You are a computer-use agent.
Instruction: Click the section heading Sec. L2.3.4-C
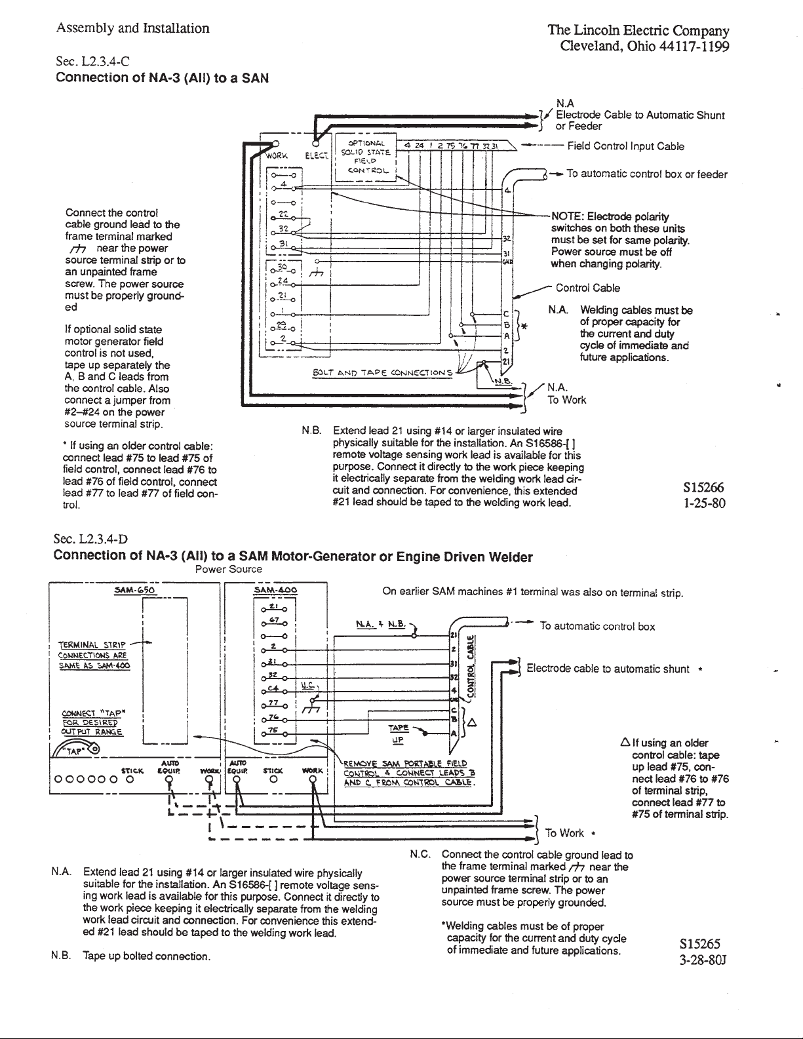[x=92, y=62]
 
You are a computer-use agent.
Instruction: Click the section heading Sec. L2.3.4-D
[x=92, y=539]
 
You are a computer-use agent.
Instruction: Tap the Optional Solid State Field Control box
[x=366, y=157]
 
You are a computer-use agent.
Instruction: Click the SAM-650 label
[x=133, y=589]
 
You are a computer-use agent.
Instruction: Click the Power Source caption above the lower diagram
[x=229, y=569]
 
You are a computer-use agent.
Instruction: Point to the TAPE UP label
[x=398, y=733]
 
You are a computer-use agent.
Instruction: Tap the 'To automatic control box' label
[x=597, y=626]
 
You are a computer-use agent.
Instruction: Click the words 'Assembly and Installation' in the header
[x=133, y=28]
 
